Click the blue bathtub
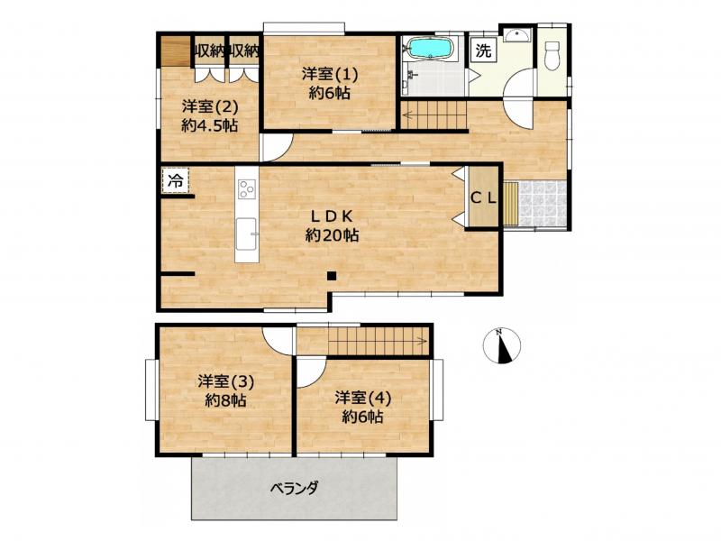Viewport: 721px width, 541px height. tap(431, 49)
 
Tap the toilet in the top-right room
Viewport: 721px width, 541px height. tap(552, 56)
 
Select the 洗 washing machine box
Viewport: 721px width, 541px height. tap(483, 50)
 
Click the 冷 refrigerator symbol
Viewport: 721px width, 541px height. tap(175, 180)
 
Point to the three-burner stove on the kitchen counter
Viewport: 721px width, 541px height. tap(246, 188)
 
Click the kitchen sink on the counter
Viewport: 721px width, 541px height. tap(246, 234)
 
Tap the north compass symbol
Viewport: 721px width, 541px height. tap(502, 345)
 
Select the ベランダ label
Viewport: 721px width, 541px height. tap(295, 488)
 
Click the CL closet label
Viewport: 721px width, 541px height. tap(484, 198)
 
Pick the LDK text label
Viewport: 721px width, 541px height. tap(332, 215)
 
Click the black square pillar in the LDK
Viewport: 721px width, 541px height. tap(332, 276)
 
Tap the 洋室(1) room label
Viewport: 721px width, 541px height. tap(330, 74)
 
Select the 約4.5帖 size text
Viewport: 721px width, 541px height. tap(210, 125)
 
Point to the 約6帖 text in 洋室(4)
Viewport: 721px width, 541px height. tap(362, 417)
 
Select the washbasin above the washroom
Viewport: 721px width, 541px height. tap(517, 35)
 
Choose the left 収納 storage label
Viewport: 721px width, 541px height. tap(209, 51)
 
